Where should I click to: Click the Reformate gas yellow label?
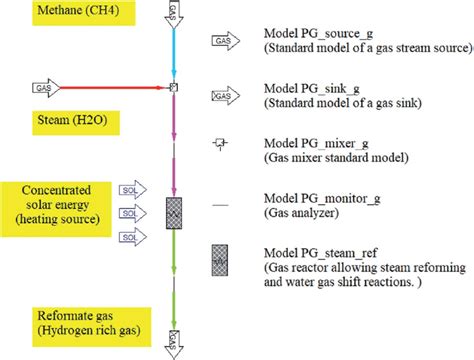[x=62, y=322]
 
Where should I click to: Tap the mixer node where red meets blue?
[x=173, y=88]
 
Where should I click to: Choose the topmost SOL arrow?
[x=129, y=189]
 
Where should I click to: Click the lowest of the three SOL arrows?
[x=129, y=237]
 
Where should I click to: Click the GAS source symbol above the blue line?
[x=173, y=14]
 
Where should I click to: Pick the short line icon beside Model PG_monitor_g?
[x=221, y=203]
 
